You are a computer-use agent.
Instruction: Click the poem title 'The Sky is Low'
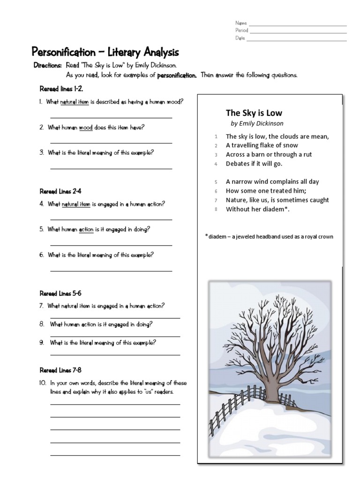(254, 113)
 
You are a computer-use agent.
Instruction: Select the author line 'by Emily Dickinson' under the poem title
(257, 124)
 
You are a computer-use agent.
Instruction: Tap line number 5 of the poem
(216, 182)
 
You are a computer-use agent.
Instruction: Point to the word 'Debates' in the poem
(238, 164)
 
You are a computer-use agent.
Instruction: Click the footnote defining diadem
(269, 237)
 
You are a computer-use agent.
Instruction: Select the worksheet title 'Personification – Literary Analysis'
(105, 52)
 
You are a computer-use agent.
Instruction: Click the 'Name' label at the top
(241, 23)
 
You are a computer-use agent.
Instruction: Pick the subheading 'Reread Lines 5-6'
(60, 293)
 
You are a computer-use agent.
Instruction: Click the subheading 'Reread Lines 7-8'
(60, 370)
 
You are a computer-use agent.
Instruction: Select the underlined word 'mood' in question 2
(86, 127)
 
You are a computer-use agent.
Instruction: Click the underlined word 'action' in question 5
(86, 230)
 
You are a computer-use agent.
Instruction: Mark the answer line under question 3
(111, 168)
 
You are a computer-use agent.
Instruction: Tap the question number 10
(43, 383)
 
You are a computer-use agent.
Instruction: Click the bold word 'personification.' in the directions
(177, 75)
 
